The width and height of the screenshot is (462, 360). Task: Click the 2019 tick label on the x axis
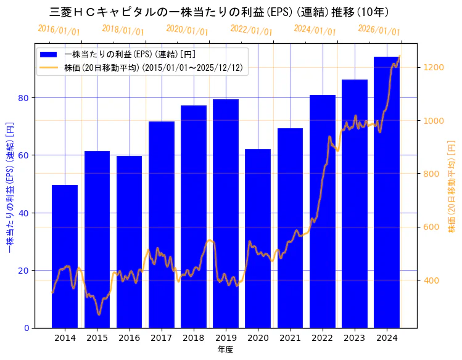pyautogui.click(x=226, y=338)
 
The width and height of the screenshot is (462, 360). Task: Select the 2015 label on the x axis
pyautogui.click(x=97, y=338)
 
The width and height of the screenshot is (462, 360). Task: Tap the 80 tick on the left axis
pyautogui.click(x=23, y=98)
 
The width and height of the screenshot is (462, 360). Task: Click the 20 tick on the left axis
pyautogui.click(x=23, y=271)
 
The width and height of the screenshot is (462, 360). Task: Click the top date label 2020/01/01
pyautogui.click(x=188, y=30)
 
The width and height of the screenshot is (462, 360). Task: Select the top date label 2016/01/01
pyautogui.click(x=59, y=30)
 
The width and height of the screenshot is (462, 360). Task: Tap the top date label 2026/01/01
pyautogui.click(x=379, y=30)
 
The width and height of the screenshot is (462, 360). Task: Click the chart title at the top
pyautogui.click(x=219, y=12)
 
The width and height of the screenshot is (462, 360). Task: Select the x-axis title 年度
pyautogui.click(x=225, y=350)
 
